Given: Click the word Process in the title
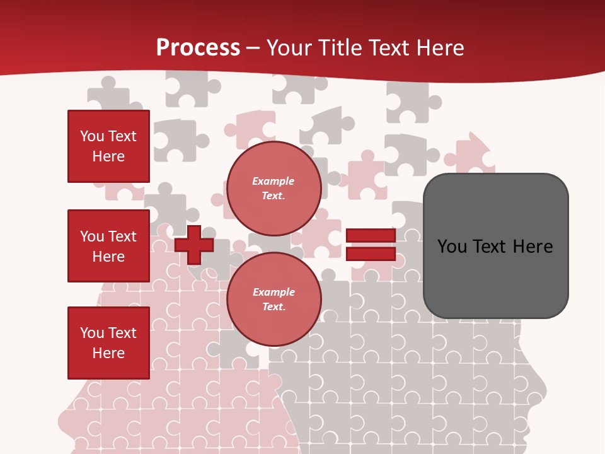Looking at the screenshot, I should point(198,48).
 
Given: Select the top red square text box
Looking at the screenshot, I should point(108,146).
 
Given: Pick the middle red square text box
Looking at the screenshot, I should point(108,246).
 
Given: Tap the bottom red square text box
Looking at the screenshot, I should point(108,343).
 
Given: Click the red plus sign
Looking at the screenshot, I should point(194,245).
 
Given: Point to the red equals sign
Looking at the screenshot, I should point(371,245).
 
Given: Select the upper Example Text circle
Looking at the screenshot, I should point(274,188).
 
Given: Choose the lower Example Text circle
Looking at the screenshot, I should point(274,299).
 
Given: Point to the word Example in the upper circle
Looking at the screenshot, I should point(274,181).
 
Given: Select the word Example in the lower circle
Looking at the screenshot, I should point(274,292).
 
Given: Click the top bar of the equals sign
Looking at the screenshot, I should point(371,236).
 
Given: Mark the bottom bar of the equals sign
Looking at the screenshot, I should point(371,254).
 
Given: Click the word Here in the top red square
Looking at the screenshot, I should point(108,156).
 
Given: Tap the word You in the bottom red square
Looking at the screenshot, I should point(92,333).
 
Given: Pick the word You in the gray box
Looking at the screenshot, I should point(452,247).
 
